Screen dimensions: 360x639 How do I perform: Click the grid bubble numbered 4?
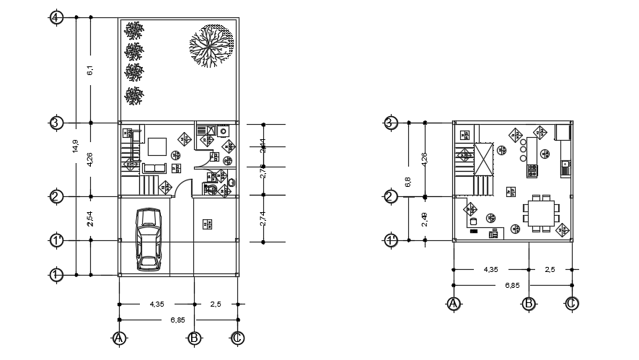click(57, 17)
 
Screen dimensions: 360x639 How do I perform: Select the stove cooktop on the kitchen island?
click(532, 170)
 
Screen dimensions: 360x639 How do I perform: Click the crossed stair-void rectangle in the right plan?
click(482, 159)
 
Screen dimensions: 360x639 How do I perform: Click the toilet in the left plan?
click(211, 189)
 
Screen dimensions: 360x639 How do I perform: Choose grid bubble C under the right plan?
click(570, 304)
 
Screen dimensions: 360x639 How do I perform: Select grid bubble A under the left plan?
click(119, 338)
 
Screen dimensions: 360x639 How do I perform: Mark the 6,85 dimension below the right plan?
click(512, 286)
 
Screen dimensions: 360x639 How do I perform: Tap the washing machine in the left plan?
click(224, 132)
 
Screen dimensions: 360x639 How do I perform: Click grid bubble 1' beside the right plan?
click(390, 240)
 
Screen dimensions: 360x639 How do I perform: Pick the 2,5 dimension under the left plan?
click(216, 305)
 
